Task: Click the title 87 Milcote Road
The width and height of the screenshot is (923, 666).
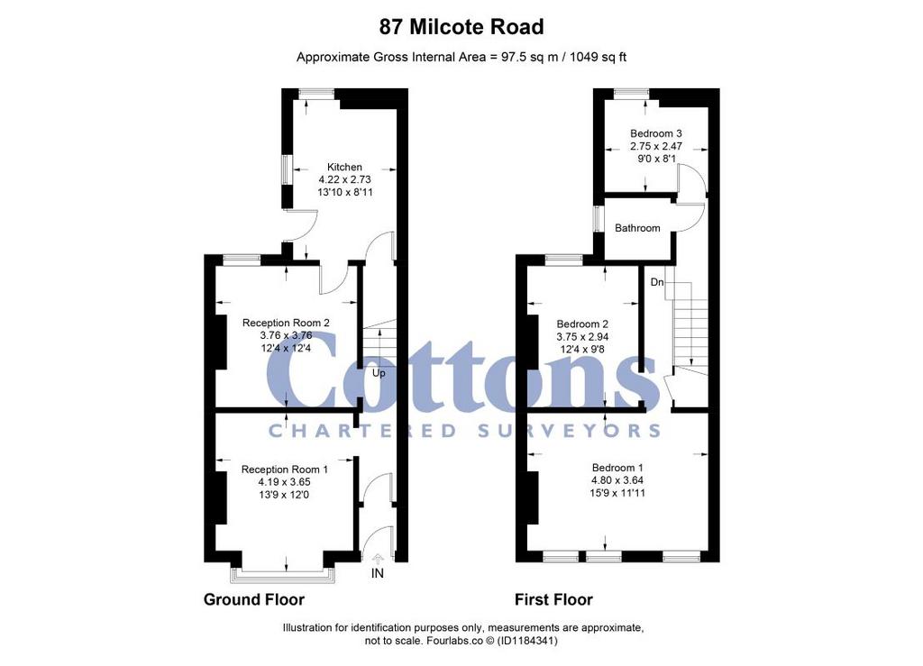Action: [x=461, y=27]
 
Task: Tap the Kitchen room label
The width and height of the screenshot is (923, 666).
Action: [x=344, y=167]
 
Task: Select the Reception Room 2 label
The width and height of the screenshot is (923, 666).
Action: [x=286, y=323]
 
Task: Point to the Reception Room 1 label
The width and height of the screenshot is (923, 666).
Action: [x=284, y=470]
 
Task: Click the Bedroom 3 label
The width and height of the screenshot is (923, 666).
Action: [x=656, y=133]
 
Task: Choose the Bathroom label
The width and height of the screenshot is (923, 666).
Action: [x=637, y=228]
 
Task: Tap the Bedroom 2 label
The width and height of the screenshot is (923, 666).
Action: [x=582, y=324]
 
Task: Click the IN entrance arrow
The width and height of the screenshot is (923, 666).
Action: [x=378, y=557]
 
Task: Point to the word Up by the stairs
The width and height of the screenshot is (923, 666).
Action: [x=379, y=373]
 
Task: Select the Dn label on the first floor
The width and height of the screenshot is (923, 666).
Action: [x=657, y=282]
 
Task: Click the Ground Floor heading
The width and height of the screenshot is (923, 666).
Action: [x=253, y=599]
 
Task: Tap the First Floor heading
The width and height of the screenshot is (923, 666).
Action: [x=553, y=599]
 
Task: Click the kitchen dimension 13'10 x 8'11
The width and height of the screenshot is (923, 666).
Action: [x=345, y=192]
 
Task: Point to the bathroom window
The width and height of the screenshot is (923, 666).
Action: [x=597, y=219]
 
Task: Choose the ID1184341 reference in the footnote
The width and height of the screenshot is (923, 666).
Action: [x=527, y=641]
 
